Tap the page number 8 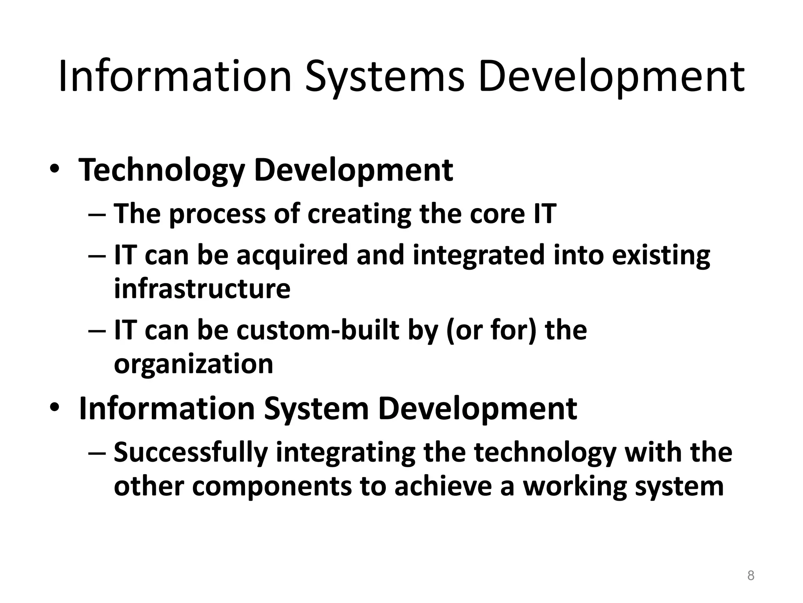tap(750, 576)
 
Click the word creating tap(359, 214)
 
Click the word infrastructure tap(202, 289)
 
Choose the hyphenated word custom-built tap(318, 330)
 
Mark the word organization tap(193, 364)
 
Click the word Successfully tap(191, 453)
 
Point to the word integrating tap(345, 453)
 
